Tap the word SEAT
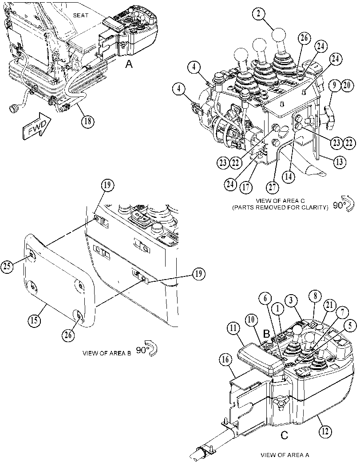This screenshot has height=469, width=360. pos(80,15)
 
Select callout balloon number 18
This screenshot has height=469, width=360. pos(88,121)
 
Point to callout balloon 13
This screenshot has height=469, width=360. pos(340,162)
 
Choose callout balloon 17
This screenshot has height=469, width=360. pos(245,187)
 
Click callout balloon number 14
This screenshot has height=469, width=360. pos(288,176)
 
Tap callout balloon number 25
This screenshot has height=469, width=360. pos(7,266)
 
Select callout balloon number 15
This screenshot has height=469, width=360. pos(34,320)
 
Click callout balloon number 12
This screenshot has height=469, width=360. pos(325,432)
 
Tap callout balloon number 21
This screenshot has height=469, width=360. pos(329,305)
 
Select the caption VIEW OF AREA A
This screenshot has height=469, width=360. pos(285,455)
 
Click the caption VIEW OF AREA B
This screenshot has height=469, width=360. pos(107,353)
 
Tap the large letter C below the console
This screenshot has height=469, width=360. pos(284,435)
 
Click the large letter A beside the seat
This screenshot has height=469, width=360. pos(129,63)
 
